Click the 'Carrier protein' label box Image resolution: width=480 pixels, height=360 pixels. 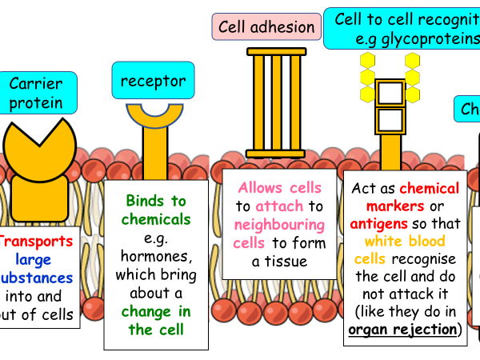(37, 92)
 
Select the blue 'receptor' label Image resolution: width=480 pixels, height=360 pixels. (153, 81)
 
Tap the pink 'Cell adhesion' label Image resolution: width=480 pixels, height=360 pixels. (266, 26)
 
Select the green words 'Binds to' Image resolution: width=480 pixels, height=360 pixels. (157, 201)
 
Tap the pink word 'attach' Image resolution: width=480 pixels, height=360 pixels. (279, 206)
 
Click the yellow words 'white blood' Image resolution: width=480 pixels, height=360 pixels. (406, 242)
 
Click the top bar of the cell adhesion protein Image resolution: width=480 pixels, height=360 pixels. (276, 52)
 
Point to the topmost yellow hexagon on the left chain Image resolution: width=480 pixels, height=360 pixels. (367, 60)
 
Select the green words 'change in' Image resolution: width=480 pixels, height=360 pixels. (157, 310)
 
